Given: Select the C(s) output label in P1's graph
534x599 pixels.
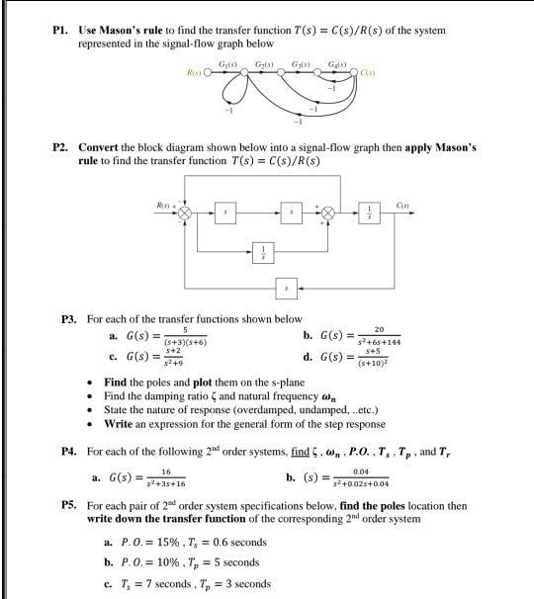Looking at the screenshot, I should [370, 74].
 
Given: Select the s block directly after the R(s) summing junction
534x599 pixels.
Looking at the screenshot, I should [232, 214].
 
